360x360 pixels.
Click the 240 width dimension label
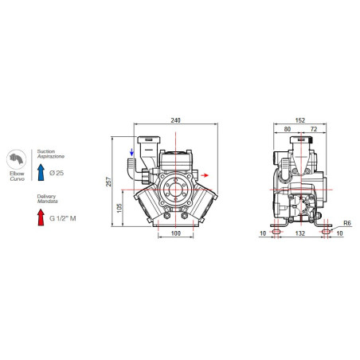pos(175,120)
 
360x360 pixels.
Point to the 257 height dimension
pos(108,182)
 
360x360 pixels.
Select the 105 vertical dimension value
pos(119,208)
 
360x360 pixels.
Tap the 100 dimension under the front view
pos(176,233)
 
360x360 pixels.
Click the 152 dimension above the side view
pos(300,120)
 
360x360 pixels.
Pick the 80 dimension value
pos(288,129)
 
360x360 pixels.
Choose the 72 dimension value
pos(314,129)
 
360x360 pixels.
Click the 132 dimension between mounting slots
pos(300,233)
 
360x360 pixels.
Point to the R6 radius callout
pos(347,223)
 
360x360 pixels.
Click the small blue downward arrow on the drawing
pos(131,152)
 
